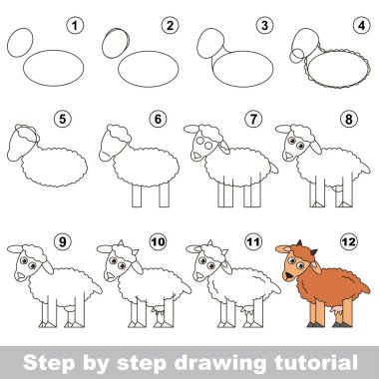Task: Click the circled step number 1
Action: tap(75, 26)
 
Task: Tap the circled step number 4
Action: tap(362, 26)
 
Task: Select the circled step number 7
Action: tap(253, 119)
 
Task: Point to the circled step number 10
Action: tap(158, 241)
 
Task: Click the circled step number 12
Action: tap(349, 241)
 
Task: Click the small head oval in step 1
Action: tap(20, 43)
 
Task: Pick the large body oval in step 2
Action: tap(149, 69)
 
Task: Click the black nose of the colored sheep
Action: tap(288, 275)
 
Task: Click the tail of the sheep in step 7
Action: tap(273, 169)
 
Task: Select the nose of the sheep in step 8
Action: tap(287, 156)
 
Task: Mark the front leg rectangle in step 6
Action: tap(137, 195)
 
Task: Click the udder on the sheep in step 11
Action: tap(247, 311)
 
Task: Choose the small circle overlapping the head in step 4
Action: tap(296, 56)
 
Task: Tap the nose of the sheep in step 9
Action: tap(20, 275)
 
